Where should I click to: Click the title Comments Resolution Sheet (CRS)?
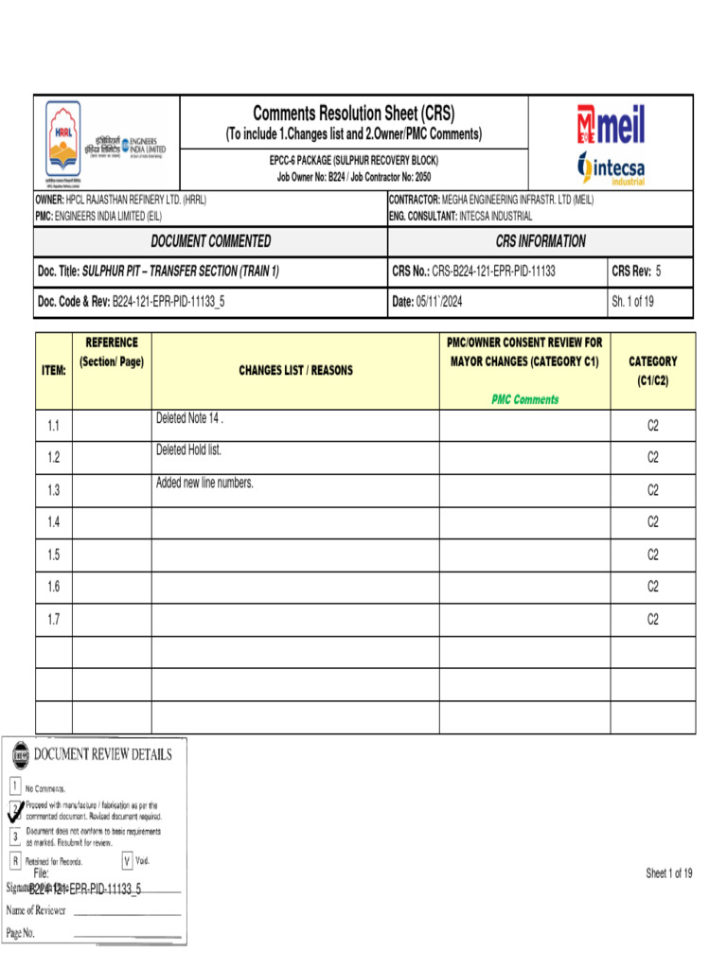(x=353, y=114)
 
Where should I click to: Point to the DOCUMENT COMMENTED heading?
(x=211, y=241)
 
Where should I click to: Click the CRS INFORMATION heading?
(x=541, y=241)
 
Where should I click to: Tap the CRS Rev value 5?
(x=658, y=272)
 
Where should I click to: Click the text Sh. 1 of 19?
(x=633, y=302)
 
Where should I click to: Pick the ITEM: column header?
(x=54, y=371)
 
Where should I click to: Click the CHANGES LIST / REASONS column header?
(x=295, y=371)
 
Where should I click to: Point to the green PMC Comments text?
(x=524, y=399)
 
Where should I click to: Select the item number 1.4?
(x=54, y=522)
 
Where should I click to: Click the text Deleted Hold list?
(x=188, y=450)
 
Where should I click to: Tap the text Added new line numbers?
(x=204, y=483)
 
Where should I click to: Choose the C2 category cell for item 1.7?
(x=652, y=619)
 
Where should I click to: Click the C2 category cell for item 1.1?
(x=652, y=426)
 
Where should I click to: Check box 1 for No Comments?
(x=15, y=785)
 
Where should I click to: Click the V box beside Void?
(x=127, y=861)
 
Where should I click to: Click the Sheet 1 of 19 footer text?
(x=668, y=873)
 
